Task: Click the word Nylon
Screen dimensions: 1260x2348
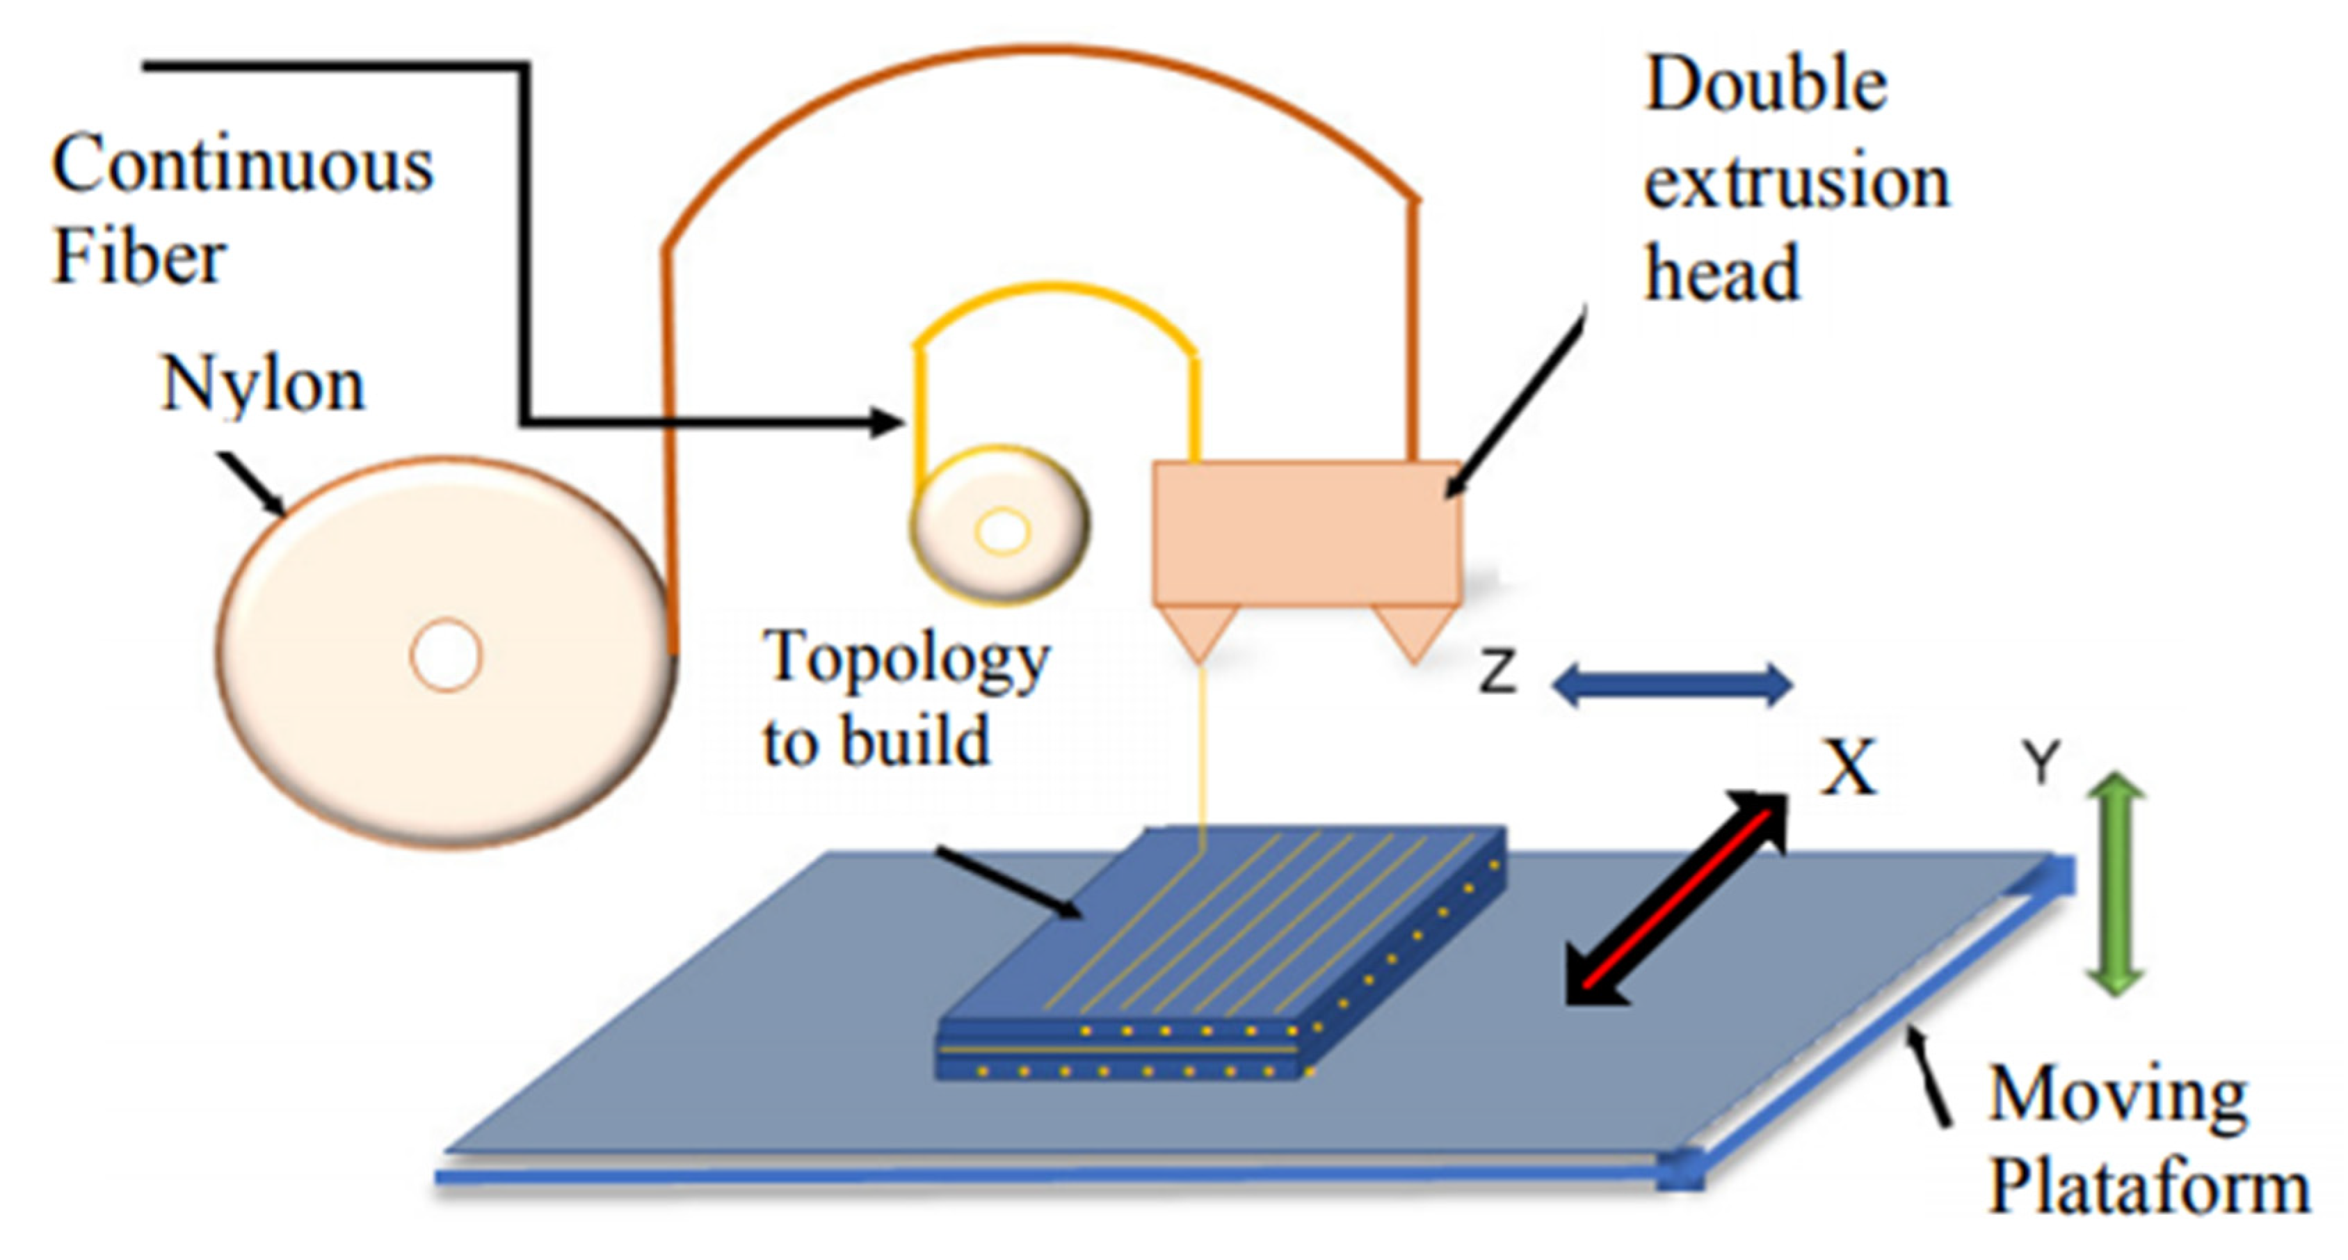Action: [264, 385]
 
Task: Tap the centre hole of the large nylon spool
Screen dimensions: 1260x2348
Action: [446, 655]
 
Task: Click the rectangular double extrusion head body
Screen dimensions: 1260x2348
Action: [1307, 534]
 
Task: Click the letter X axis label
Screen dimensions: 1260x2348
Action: [1848, 767]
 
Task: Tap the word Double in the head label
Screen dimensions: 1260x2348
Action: [1766, 85]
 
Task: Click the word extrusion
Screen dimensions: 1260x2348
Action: [1796, 182]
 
